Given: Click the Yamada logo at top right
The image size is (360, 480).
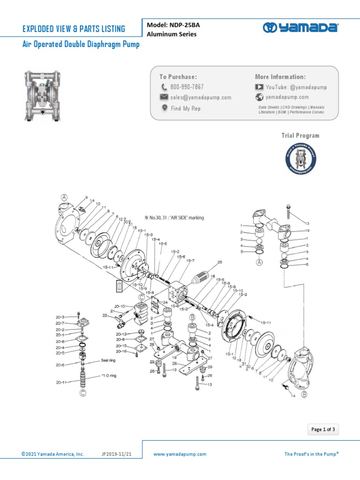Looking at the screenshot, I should [x=300, y=28].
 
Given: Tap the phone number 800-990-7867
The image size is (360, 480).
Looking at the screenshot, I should [x=187, y=87].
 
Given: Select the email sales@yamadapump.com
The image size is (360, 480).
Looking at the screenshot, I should [x=201, y=97].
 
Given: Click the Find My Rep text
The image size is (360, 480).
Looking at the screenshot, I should [x=186, y=108].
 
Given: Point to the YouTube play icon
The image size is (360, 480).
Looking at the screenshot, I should [x=259, y=87].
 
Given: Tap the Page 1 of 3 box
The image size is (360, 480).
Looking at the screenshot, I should [x=323, y=429].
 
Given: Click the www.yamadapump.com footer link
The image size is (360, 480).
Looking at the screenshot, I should [x=180, y=454].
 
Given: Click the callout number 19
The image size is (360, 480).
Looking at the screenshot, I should [x=307, y=231].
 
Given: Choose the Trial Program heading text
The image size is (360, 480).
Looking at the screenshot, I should [x=300, y=135].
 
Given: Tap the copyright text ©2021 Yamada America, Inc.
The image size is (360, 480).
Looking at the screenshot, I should [x=52, y=454].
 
